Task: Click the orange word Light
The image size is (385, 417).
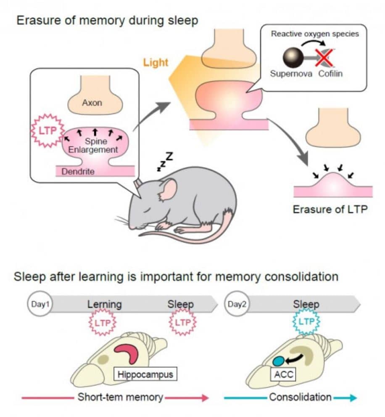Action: (156, 63)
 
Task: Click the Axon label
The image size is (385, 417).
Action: (92, 103)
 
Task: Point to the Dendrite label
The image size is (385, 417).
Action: (78, 172)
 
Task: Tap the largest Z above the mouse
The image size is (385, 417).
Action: (169, 157)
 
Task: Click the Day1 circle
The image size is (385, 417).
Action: (40, 304)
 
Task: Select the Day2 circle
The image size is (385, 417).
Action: (237, 304)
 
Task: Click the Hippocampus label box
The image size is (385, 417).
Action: (145, 375)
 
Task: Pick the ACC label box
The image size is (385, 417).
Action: (284, 375)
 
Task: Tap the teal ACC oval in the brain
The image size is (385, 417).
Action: (279, 361)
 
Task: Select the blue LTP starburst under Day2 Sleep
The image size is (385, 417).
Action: (306, 322)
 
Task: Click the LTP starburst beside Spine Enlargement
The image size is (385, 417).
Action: (48, 130)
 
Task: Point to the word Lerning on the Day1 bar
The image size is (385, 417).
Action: (104, 304)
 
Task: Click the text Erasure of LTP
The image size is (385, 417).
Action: (330, 210)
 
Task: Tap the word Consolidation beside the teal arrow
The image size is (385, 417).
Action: (300, 397)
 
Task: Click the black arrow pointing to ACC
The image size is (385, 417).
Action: (294, 359)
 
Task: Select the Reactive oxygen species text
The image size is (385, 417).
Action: (315, 34)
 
